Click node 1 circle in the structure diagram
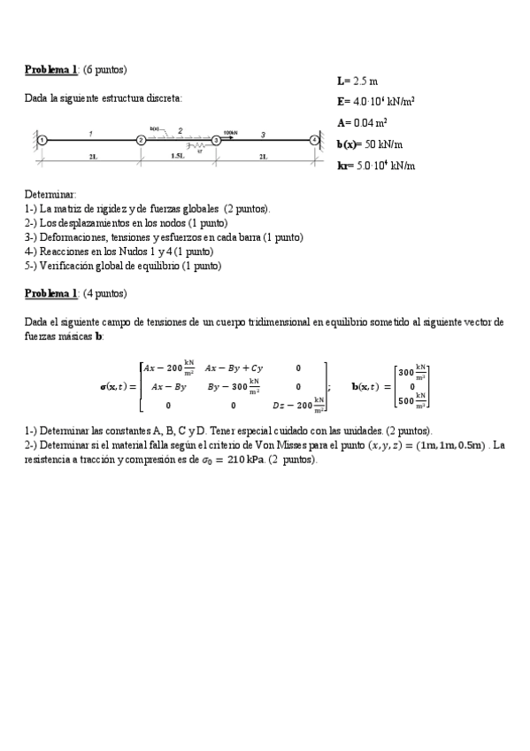42,139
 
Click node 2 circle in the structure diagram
141,139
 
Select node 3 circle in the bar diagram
215,139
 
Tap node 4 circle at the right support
313,139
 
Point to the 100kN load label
230,132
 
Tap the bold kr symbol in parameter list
344,166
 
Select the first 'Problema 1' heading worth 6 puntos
51,69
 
